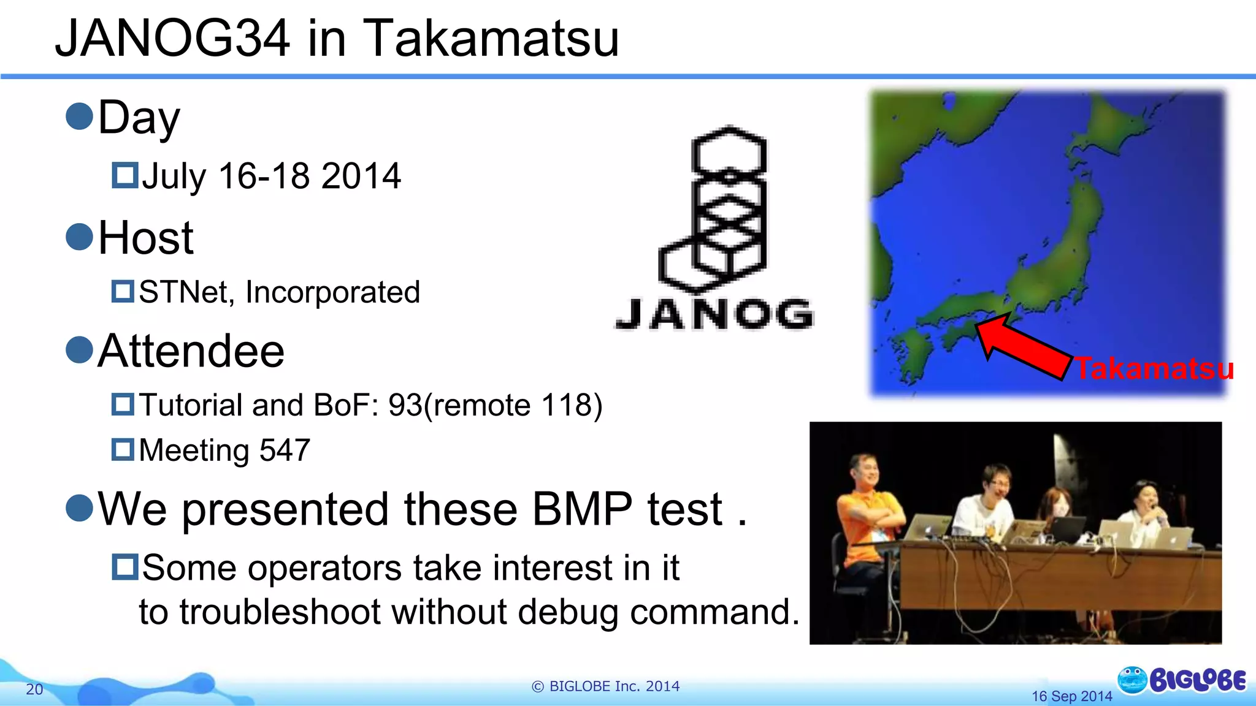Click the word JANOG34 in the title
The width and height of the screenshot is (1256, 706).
click(x=172, y=38)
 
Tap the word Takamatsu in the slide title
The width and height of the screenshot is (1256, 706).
click(x=492, y=38)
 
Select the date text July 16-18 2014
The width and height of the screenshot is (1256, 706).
click(x=271, y=176)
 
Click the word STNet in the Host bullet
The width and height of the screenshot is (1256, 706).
click(x=183, y=292)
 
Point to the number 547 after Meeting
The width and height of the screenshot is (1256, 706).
click(x=285, y=450)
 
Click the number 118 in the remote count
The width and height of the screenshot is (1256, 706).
click(x=566, y=405)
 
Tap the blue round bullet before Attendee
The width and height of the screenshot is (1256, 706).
click(x=79, y=351)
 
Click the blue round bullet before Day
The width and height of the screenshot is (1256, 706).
click(x=79, y=116)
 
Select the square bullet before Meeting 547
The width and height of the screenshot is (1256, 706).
click(x=123, y=449)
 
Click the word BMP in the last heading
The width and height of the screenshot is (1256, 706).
click(x=581, y=509)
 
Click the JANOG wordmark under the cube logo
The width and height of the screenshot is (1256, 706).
click(x=714, y=314)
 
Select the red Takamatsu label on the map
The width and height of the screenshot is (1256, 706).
click(x=1154, y=369)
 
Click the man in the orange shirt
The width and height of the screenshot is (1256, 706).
click(x=865, y=509)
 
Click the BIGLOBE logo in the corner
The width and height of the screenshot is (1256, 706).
click(x=1182, y=680)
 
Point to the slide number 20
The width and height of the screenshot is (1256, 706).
click(x=34, y=689)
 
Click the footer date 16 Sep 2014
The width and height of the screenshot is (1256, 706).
click(x=1071, y=696)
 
